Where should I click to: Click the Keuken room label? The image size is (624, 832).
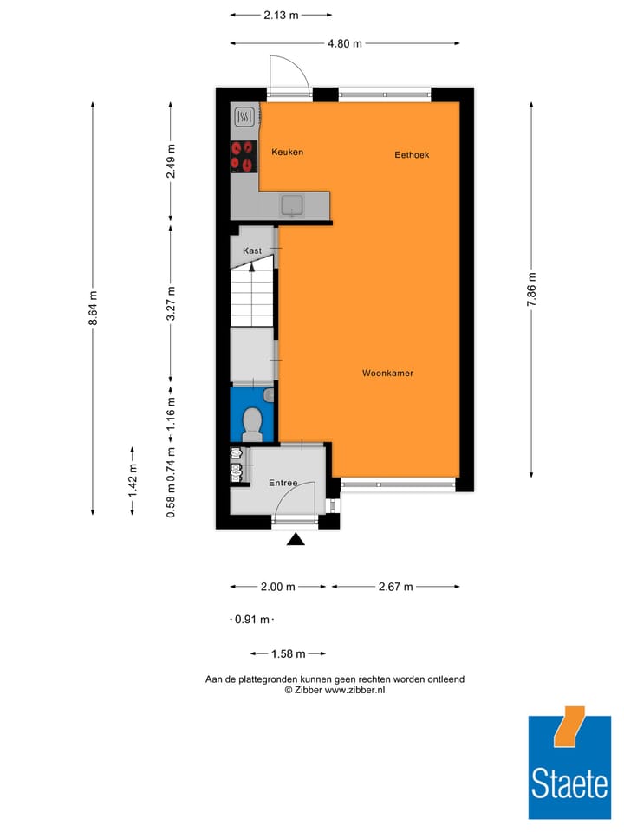pyautogui.click(x=287, y=152)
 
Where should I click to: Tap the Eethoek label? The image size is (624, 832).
pyautogui.click(x=412, y=155)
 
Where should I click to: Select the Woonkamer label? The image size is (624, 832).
pyautogui.click(x=387, y=374)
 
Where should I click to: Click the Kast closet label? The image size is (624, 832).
pyautogui.click(x=252, y=250)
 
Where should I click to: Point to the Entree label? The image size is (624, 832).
pyautogui.click(x=283, y=483)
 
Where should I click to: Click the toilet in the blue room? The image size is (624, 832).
pyautogui.click(x=252, y=422)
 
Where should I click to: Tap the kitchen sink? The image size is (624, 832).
pyautogui.click(x=292, y=205)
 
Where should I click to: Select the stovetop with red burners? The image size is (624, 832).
pyautogui.click(x=244, y=157)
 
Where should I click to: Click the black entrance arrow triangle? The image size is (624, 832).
pyautogui.click(x=296, y=540)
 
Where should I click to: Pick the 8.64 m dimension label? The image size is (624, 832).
pyautogui.click(x=92, y=309)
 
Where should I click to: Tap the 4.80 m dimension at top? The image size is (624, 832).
pyautogui.click(x=345, y=43)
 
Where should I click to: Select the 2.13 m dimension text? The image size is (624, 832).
pyautogui.click(x=281, y=15)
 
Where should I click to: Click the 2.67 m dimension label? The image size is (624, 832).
pyautogui.click(x=395, y=587)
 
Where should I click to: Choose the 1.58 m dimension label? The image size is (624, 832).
pyautogui.click(x=288, y=653)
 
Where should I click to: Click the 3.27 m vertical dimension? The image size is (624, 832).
pyautogui.click(x=171, y=303)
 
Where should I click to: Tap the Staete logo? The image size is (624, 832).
pyautogui.click(x=569, y=763)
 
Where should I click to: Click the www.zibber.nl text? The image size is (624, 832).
pyautogui.click(x=354, y=690)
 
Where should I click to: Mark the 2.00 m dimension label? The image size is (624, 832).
pyautogui.click(x=278, y=587)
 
